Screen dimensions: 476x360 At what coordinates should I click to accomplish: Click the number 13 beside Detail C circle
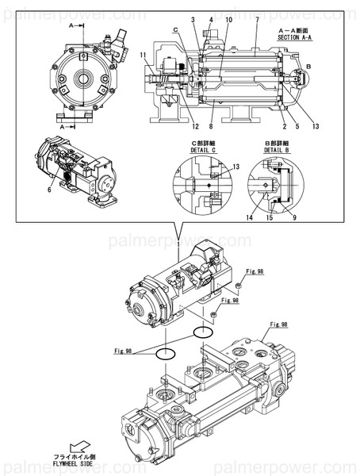tap(236, 167)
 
